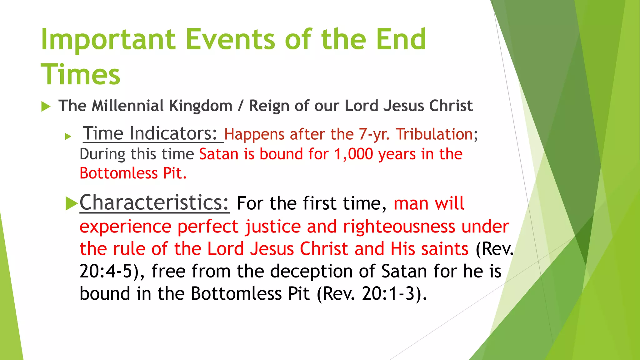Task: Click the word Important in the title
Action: click(108, 40)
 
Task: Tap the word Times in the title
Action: click(80, 75)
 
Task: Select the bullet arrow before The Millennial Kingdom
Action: click(46, 107)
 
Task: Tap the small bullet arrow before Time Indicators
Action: click(68, 136)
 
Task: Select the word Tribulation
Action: click(434, 134)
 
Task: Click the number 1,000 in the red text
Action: click(353, 154)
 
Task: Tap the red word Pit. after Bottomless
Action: click(175, 173)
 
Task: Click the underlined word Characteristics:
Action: click(154, 202)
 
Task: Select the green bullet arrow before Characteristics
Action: click(72, 204)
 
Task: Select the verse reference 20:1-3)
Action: click(394, 294)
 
